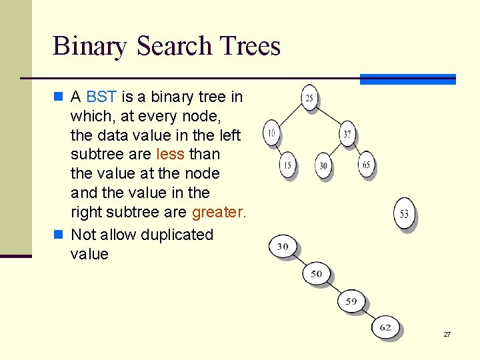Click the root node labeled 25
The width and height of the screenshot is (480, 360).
309,98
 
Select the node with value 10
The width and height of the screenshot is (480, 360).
271,133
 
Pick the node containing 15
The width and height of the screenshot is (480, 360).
287,165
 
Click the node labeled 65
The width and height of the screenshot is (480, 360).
367,164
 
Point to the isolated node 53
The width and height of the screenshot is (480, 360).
404,214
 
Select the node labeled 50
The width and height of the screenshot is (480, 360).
316,273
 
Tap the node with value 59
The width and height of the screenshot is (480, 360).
351,301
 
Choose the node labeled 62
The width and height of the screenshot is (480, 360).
385,327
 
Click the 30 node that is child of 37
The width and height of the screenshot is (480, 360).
323,165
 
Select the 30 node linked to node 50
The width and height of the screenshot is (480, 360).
283,247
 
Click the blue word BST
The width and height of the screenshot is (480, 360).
101,97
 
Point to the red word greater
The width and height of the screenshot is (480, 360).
219,213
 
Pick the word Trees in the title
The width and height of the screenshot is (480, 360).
247,46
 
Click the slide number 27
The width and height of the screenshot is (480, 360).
447,334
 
